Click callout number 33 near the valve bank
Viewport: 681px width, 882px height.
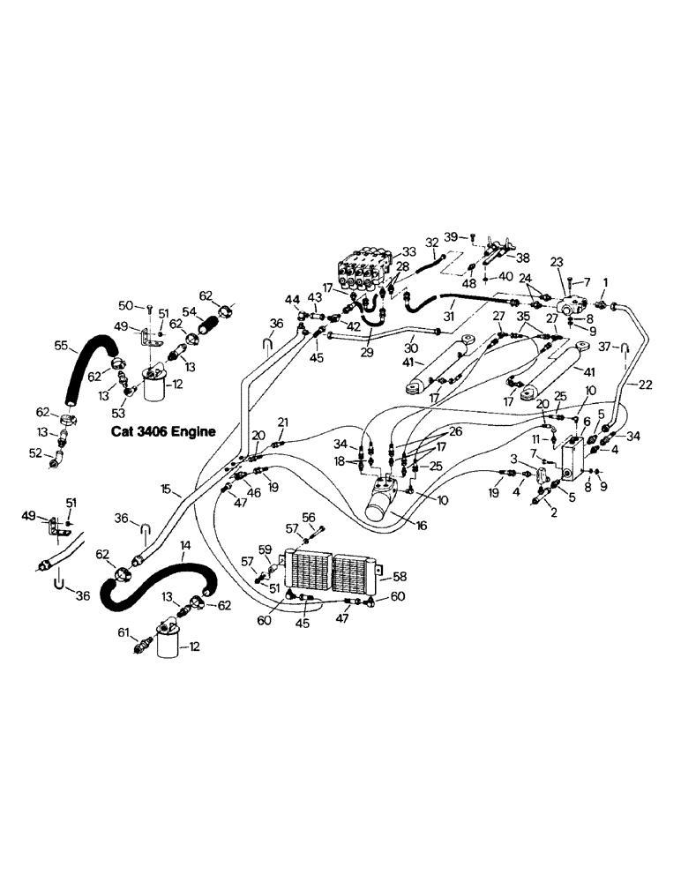click(x=408, y=251)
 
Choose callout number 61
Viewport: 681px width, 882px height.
click(x=123, y=633)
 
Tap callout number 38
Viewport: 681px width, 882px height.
click(x=524, y=258)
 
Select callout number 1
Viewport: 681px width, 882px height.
click(x=605, y=282)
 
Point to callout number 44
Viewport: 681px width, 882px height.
click(x=291, y=300)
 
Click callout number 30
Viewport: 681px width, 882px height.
click(x=410, y=347)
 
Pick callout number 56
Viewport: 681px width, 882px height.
click(x=309, y=518)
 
